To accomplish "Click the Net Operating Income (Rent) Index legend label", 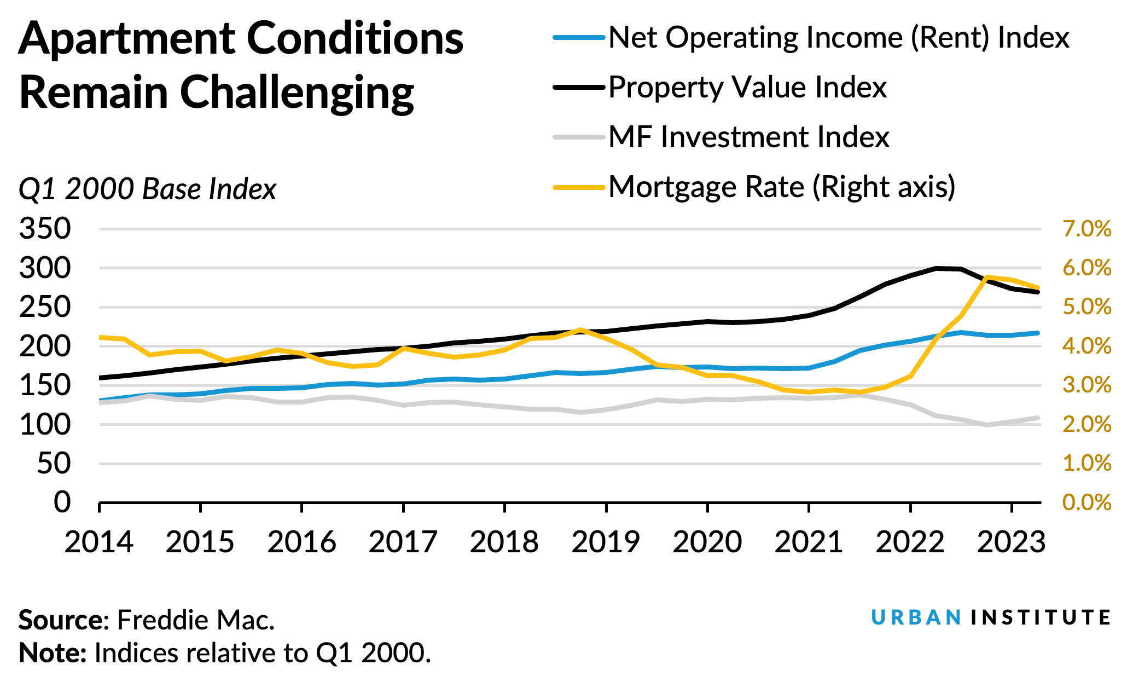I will (839, 38).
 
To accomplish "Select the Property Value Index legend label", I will (747, 87).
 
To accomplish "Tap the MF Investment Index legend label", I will (748, 137).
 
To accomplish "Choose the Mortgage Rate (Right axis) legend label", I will (782, 187).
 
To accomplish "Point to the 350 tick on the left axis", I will (45, 228).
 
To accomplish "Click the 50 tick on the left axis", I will (54, 464).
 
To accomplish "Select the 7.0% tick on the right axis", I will (1086, 229).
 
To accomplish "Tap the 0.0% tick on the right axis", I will (1086, 502).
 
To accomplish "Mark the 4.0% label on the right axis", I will (1086, 346).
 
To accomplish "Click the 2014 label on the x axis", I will (99, 542).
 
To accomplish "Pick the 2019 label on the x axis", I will (606, 542).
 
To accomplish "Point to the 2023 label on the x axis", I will (1011, 542).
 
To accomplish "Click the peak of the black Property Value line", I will (937, 268).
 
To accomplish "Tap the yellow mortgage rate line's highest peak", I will (986, 277).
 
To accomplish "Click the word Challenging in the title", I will (297, 92).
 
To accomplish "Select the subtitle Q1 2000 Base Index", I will (148, 189).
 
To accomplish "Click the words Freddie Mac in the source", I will (195, 620).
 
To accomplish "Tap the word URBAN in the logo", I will (916, 617).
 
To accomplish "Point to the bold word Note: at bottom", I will (53, 652).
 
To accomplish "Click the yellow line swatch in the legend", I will (579, 187).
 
